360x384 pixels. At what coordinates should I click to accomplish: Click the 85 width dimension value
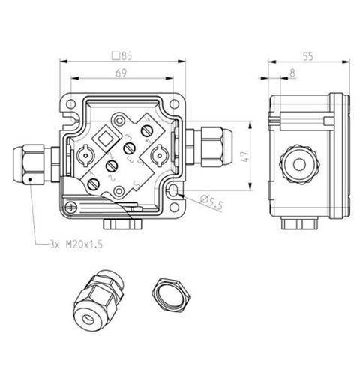[125, 55]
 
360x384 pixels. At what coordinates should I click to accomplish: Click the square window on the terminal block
[106, 138]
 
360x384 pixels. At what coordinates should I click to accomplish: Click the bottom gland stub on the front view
[120, 223]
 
